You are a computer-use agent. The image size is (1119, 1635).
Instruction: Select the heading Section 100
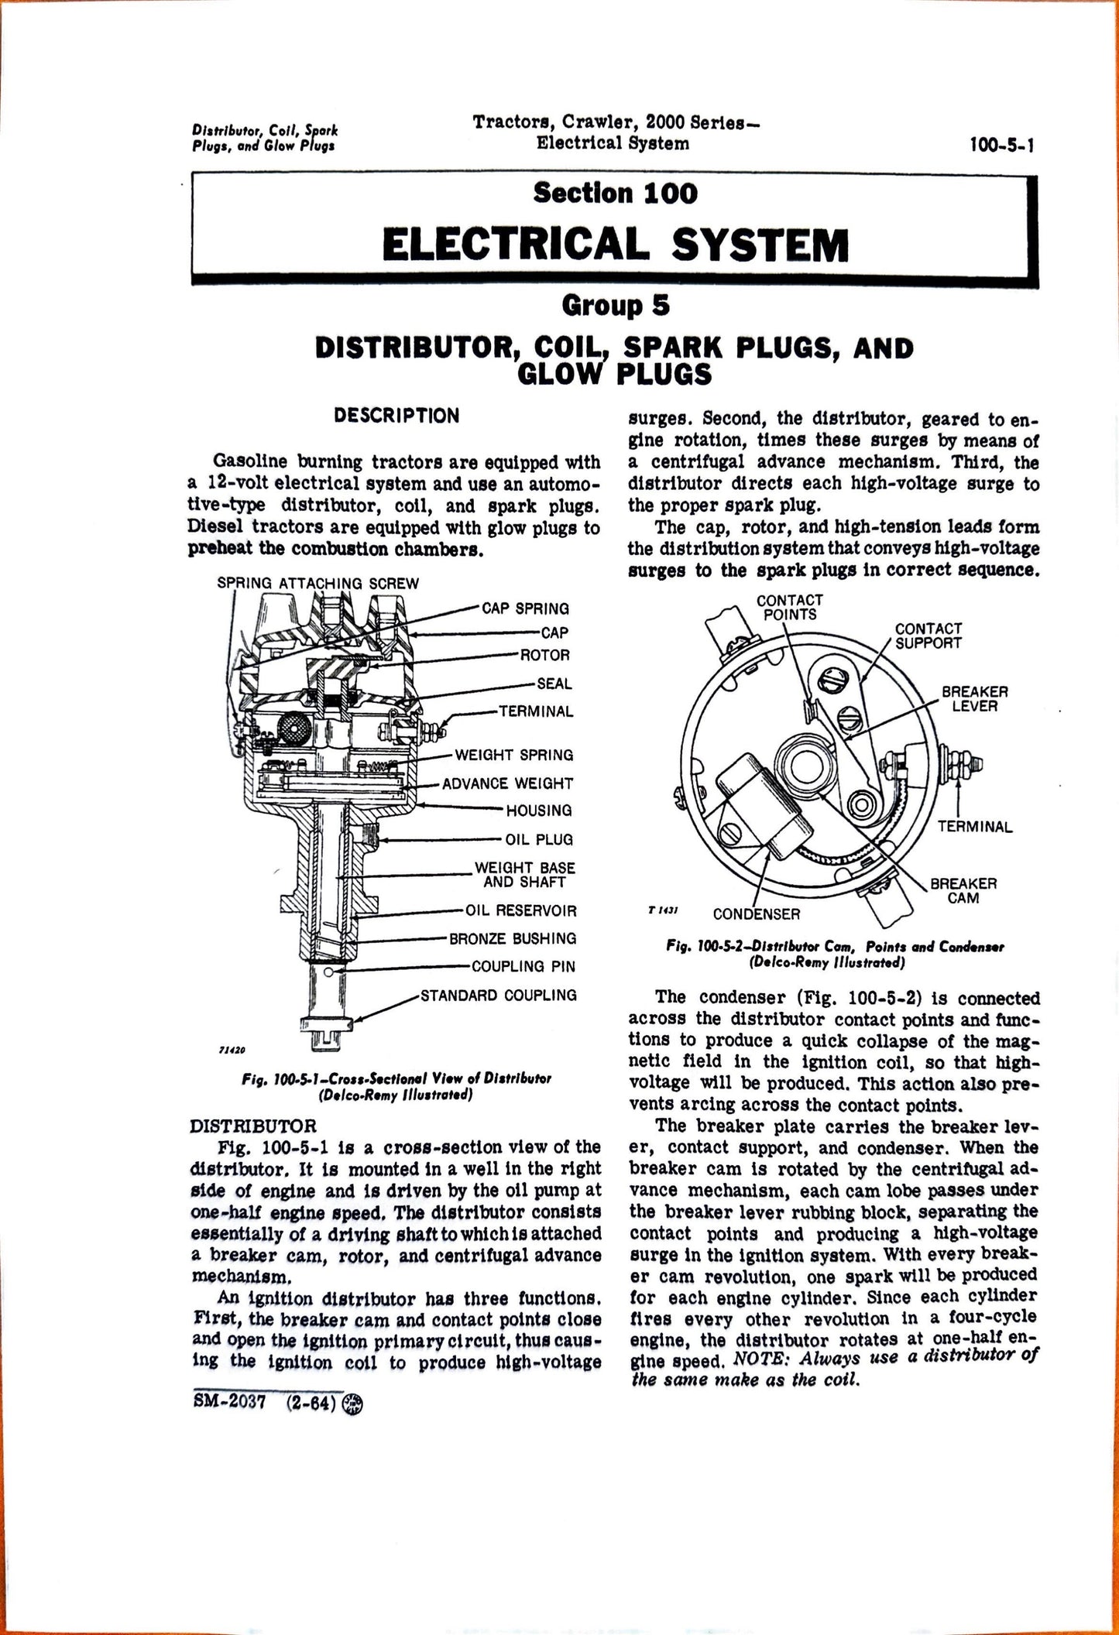pyautogui.click(x=615, y=193)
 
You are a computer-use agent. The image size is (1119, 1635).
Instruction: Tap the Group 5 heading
pyautogui.click(x=615, y=306)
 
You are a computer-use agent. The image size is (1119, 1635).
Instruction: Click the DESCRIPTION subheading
pyautogui.click(x=396, y=416)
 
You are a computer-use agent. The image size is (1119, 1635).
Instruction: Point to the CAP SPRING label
pyautogui.click(x=525, y=608)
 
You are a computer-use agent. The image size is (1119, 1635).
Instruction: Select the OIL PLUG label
pyautogui.click(x=539, y=839)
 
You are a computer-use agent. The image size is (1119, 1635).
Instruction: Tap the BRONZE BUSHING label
pyautogui.click(x=513, y=938)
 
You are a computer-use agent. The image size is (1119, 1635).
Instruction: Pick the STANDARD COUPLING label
pyautogui.click(x=498, y=995)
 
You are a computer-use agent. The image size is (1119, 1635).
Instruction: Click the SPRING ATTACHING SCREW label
pyautogui.click(x=318, y=583)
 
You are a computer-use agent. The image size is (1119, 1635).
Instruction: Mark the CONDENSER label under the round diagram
pyautogui.click(x=756, y=914)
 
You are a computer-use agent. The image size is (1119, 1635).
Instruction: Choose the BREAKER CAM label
pyautogui.click(x=963, y=890)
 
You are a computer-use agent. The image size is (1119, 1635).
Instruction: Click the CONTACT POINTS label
pyautogui.click(x=789, y=607)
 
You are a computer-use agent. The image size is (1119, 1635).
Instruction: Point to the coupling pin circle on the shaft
pyautogui.click(x=331, y=972)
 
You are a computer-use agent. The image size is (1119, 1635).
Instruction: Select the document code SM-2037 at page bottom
pyautogui.click(x=228, y=1404)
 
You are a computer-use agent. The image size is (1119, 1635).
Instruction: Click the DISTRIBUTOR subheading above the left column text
pyautogui.click(x=252, y=1124)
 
